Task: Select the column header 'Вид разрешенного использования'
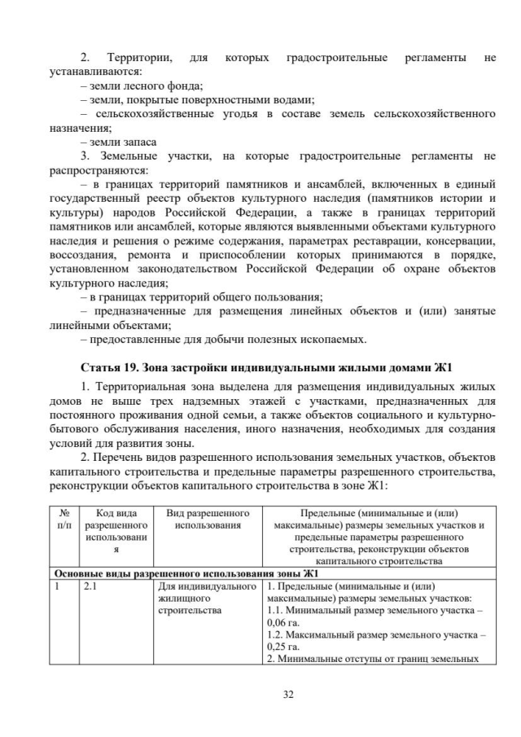207,520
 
